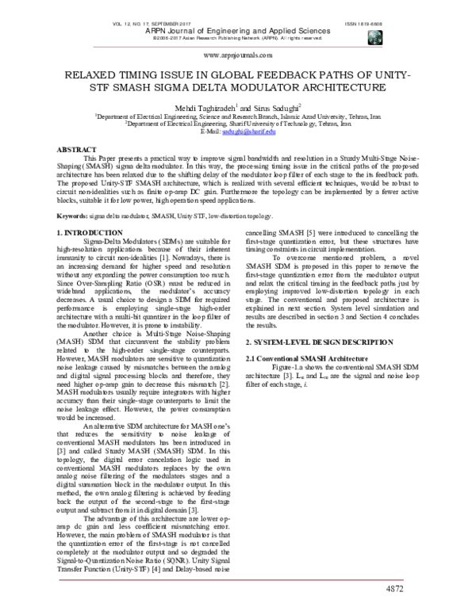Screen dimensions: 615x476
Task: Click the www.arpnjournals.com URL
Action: point(238,56)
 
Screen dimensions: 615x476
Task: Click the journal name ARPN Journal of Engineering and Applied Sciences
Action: point(239,31)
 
